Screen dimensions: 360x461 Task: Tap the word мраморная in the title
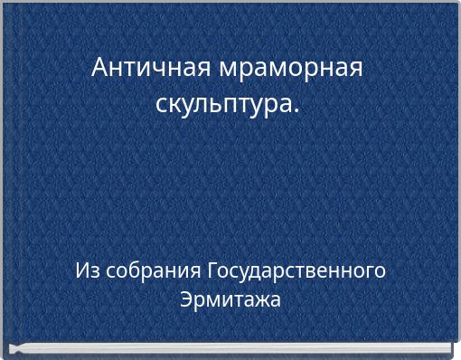[x=288, y=68]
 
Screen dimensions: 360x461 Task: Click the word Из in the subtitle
[x=87, y=271]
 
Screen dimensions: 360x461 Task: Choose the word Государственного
[x=297, y=271]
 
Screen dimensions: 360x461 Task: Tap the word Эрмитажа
[x=230, y=298]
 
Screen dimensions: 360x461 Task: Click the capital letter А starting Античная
[x=100, y=67]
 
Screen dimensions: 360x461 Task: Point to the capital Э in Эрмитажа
[x=186, y=298]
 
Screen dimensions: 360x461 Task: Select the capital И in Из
[x=82, y=271]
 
